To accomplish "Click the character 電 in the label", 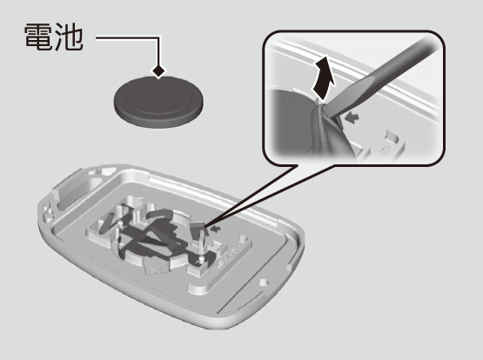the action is point(37,37).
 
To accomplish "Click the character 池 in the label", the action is point(69,37).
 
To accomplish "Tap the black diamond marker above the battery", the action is point(158,71).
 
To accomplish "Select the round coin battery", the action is point(158,102).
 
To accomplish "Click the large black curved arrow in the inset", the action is point(324,77).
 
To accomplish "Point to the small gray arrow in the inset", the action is point(353,117).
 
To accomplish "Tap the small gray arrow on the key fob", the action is point(217,229).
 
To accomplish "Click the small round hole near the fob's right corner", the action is point(263,282).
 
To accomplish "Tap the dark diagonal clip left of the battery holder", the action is point(106,222).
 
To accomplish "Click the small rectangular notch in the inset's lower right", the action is point(391,136).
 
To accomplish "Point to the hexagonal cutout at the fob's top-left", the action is point(106,171).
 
